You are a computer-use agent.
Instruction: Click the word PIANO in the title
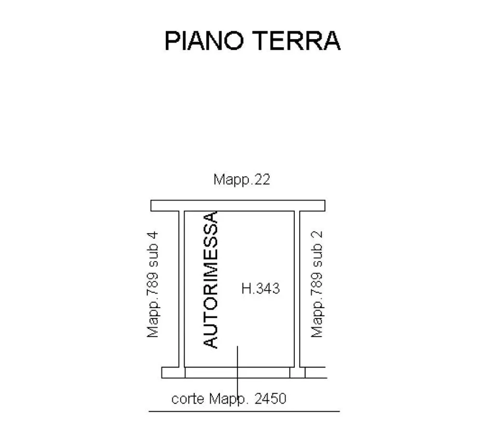(x=205, y=41)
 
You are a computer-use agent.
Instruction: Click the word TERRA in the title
(x=297, y=41)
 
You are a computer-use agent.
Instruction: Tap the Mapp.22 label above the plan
(x=242, y=180)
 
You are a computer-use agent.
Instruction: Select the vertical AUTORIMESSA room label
(x=210, y=280)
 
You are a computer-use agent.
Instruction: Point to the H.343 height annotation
(x=261, y=288)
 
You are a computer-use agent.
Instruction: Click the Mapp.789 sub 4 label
(x=153, y=284)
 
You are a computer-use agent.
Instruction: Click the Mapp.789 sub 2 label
(x=317, y=284)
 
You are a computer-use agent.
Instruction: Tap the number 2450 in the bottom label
(x=270, y=399)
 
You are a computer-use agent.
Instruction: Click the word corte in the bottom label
(x=188, y=399)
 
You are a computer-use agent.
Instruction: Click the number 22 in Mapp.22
(x=262, y=180)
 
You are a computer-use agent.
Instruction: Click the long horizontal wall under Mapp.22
(x=238, y=206)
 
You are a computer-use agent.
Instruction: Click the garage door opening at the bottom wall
(x=237, y=373)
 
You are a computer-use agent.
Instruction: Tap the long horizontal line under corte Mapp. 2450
(x=244, y=411)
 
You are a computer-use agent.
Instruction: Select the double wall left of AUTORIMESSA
(x=182, y=289)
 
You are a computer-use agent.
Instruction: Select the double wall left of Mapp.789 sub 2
(x=297, y=289)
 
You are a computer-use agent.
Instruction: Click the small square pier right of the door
(x=297, y=373)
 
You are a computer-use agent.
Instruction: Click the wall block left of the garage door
(x=173, y=373)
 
